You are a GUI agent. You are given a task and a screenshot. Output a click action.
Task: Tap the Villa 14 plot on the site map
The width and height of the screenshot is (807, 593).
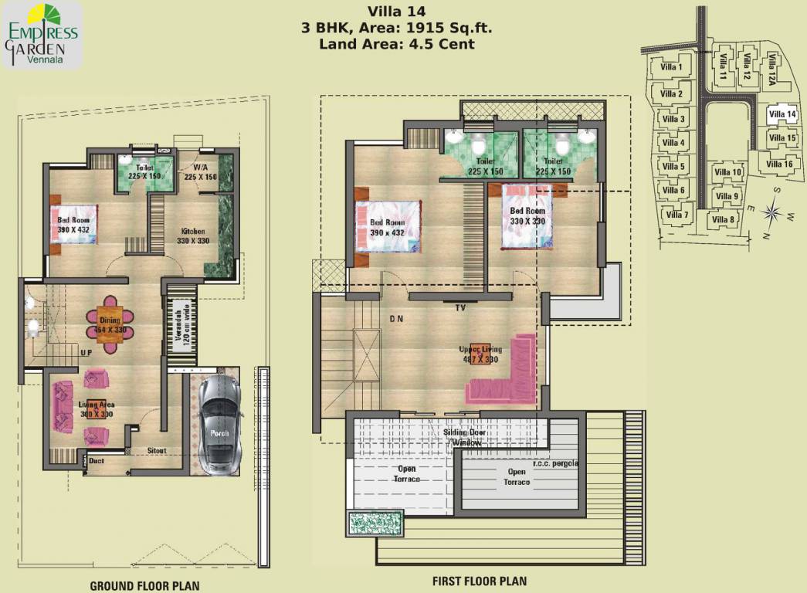(782, 115)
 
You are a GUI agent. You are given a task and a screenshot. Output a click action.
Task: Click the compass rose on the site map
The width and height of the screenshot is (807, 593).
(771, 210)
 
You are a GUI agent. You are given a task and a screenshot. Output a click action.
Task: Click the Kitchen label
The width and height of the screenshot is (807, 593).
(192, 231)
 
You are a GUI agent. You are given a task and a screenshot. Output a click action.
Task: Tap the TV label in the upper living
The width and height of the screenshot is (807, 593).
(459, 307)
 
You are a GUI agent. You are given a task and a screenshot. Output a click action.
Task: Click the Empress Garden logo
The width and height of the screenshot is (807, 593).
(42, 35)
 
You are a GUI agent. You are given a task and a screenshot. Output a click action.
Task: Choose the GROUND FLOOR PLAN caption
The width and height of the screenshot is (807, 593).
(144, 586)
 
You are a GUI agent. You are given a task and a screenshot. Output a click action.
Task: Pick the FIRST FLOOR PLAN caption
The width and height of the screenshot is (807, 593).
(480, 581)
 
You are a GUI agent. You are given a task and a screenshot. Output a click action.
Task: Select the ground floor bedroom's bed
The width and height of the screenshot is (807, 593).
(74, 224)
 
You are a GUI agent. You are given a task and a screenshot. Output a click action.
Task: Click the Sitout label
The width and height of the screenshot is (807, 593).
(157, 451)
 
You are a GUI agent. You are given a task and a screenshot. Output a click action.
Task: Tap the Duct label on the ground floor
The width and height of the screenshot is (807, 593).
(97, 461)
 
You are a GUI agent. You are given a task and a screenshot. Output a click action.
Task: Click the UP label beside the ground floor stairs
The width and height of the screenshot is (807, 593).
(87, 353)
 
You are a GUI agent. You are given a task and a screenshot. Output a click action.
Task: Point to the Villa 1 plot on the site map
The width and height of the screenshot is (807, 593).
(673, 67)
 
